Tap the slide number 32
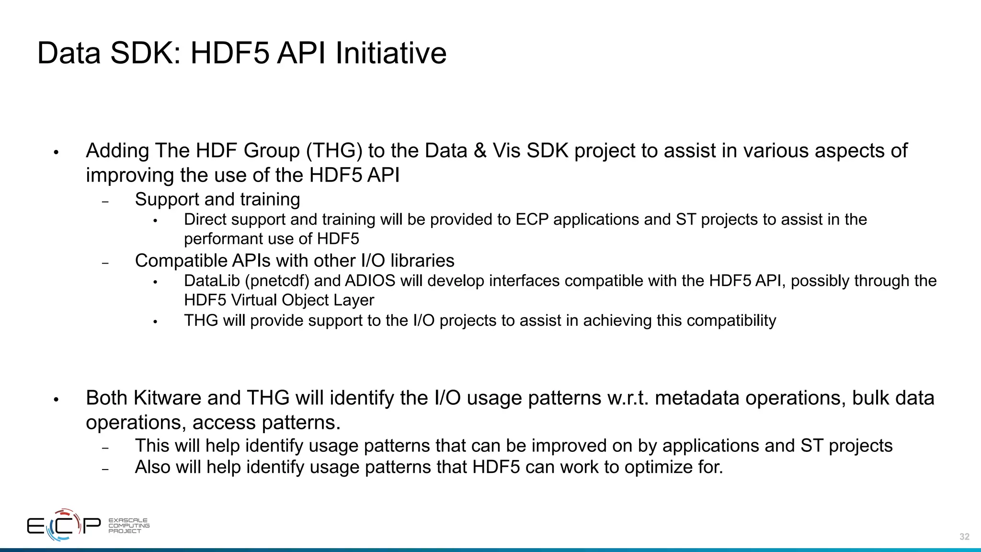964,537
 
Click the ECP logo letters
64,526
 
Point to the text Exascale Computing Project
128,526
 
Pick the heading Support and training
217,199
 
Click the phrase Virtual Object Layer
302,300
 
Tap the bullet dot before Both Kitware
56,399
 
